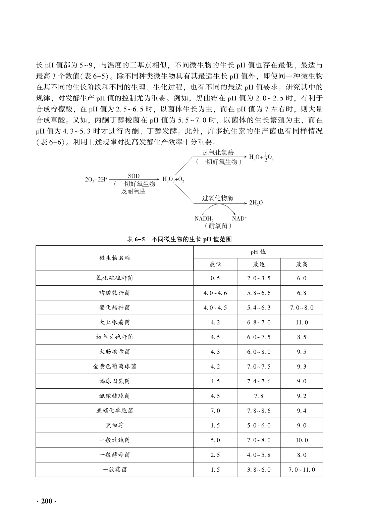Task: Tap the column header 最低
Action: [215, 265]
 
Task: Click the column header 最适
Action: [259, 265]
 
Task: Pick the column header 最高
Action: [302, 265]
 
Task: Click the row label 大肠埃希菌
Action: [115, 352]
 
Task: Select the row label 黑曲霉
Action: [115, 425]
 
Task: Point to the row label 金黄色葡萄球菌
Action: [115, 367]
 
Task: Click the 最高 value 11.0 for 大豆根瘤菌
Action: [302, 322]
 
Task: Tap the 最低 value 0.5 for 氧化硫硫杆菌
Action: [215, 278]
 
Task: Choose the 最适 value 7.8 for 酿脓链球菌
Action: [259, 396]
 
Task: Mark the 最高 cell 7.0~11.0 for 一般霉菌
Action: [302, 470]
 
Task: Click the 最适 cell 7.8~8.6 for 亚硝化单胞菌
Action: [259, 411]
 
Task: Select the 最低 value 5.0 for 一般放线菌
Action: [215, 440]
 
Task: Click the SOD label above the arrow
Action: [134, 176]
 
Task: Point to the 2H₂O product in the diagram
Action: [256, 203]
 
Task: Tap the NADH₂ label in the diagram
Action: [204, 219]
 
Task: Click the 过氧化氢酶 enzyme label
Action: [218, 152]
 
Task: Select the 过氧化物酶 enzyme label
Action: [218, 198]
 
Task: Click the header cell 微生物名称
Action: [115, 258]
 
